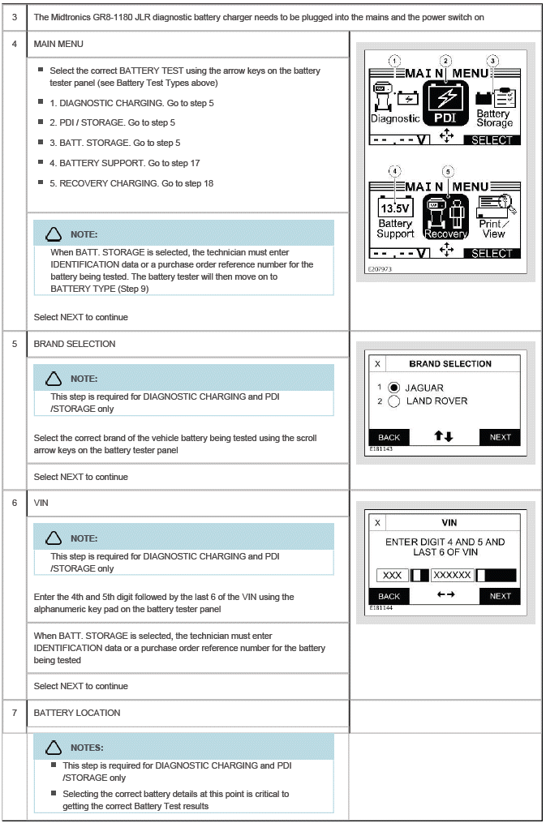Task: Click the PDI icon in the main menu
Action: click(x=445, y=105)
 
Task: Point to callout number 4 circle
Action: click(x=395, y=172)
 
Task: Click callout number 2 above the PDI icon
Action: click(x=445, y=61)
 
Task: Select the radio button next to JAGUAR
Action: click(x=393, y=388)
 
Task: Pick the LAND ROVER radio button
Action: click(x=393, y=401)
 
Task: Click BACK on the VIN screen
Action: click(x=389, y=596)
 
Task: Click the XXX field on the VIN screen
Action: click(x=392, y=575)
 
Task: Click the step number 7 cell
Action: click(x=15, y=713)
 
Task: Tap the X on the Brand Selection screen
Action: click(x=377, y=364)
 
